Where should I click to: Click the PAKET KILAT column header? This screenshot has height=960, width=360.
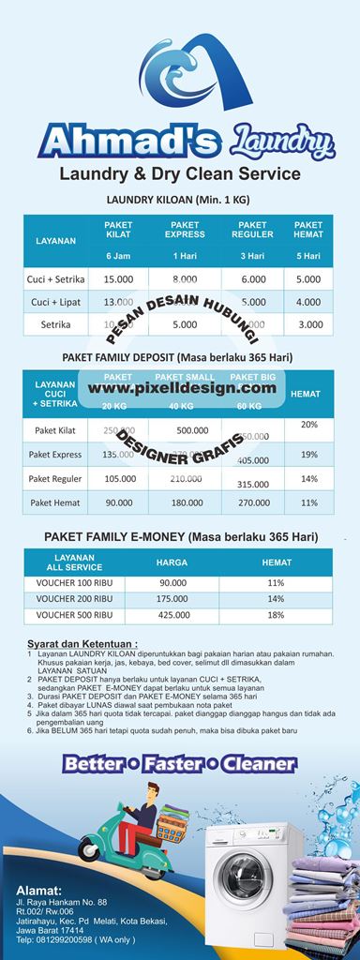pyautogui.click(x=118, y=230)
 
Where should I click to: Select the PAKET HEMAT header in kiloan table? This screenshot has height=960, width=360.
pyautogui.click(x=308, y=230)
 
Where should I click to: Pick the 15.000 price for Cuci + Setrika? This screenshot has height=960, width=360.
pyautogui.click(x=118, y=279)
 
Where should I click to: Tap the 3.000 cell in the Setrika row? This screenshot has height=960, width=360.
pyautogui.click(x=308, y=324)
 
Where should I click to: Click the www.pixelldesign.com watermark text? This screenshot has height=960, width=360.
pyautogui.click(x=184, y=387)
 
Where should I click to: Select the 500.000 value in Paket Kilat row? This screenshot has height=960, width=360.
pyautogui.click(x=192, y=429)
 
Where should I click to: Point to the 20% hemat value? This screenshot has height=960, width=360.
pyautogui.click(x=308, y=425)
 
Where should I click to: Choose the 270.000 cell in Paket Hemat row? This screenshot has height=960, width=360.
pyautogui.click(x=253, y=502)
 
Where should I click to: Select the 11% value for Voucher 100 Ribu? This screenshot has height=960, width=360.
pyautogui.click(x=276, y=582)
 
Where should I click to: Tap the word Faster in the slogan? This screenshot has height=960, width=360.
pyautogui.click(x=183, y=764)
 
